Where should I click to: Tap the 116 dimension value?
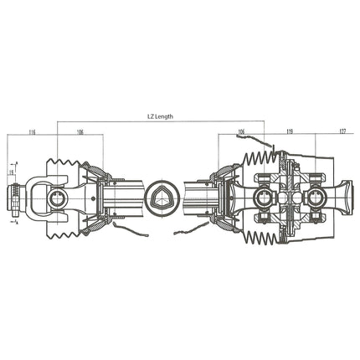click(x=32, y=132)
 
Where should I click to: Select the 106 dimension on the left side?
click(x=80, y=132)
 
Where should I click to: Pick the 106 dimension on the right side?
click(x=241, y=132)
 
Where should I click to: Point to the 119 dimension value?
click(x=289, y=132)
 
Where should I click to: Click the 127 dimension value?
click(x=343, y=132)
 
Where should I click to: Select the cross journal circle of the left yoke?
click(x=57, y=198)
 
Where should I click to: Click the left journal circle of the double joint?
click(x=263, y=198)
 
